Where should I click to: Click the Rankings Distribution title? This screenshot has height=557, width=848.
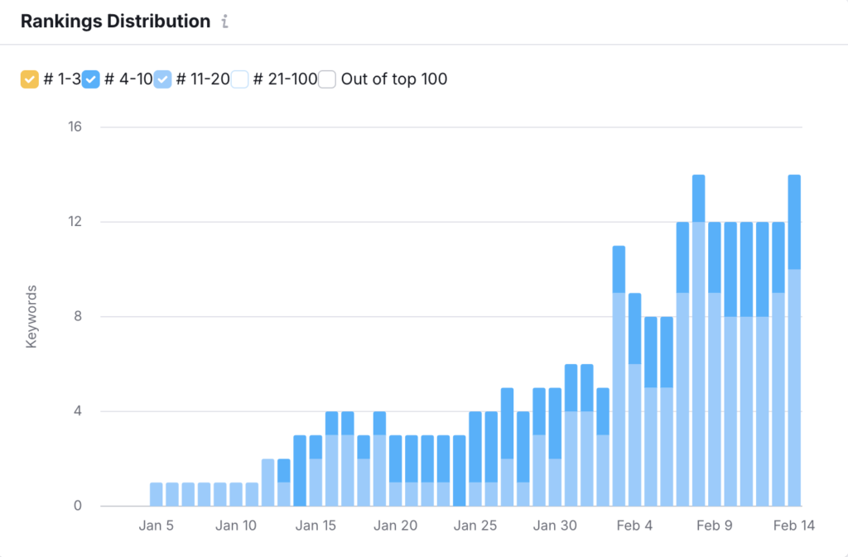115,22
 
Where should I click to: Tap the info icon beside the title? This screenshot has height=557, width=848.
224,22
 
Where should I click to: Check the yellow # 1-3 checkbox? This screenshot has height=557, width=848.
29,79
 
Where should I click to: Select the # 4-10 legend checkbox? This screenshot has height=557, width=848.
92,79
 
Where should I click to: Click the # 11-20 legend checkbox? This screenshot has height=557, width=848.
163,79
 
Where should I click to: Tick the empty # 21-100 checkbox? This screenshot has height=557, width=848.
240,79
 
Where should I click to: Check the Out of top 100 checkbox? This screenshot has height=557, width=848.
328,79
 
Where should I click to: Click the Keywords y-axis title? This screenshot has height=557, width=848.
31,317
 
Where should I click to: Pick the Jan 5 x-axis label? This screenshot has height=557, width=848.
157,526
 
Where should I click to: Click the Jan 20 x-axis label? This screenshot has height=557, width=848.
396,526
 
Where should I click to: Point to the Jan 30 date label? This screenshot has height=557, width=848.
555,526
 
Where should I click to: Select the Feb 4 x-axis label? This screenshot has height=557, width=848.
635,526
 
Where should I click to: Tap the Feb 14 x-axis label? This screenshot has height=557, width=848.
794,526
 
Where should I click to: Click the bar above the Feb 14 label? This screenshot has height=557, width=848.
794,348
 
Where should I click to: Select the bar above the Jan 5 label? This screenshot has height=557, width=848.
157,494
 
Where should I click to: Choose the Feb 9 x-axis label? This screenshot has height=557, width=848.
715,526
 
